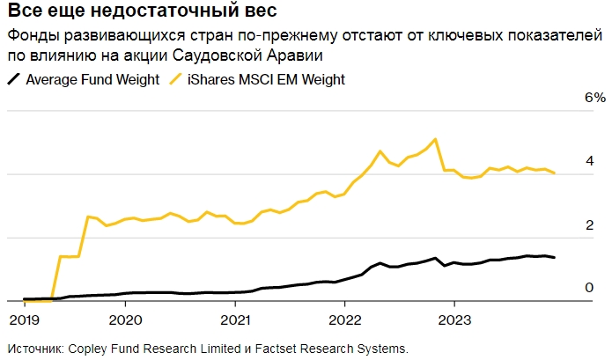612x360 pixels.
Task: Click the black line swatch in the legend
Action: pyautogui.click(x=14, y=79)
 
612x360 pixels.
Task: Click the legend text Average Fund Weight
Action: pyautogui.click(x=92, y=79)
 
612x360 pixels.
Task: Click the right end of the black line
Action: pyautogui.click(x=554, y=258)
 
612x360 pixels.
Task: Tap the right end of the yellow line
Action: pyautogui.click(x=554, y=173)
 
